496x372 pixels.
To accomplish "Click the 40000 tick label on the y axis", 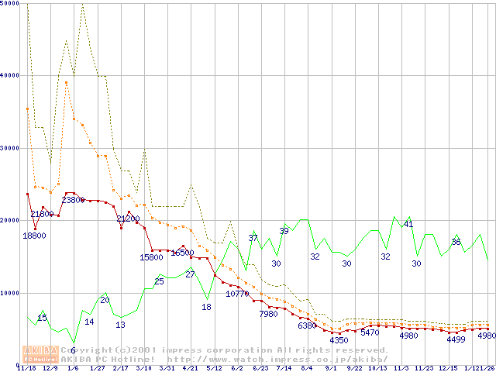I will [x=9, y=76].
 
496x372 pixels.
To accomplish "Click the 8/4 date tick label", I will [x=305, y=369].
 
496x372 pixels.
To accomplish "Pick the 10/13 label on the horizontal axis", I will [x=377, y=369].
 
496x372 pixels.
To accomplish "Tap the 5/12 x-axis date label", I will [x=214, y=369].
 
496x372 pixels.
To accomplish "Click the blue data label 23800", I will [x=73, y=200].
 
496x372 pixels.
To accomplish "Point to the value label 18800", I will [x=34, y=236].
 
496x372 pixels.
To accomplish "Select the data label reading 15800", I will [x=151, y=257].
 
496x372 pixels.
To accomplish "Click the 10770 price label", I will [x=237, y=294].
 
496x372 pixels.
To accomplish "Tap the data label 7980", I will [x=268, y=314].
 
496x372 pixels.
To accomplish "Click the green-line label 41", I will [x=408, y=225].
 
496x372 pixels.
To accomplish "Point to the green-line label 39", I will [x=284, y=231].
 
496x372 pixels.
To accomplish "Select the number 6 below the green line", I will [x=73, y=350].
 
